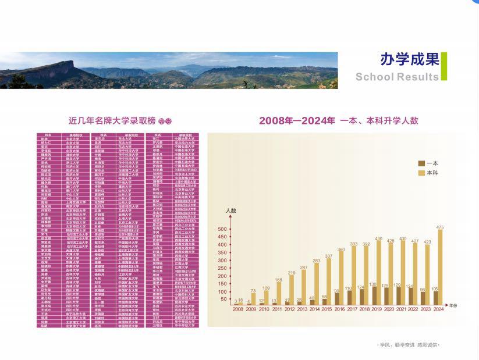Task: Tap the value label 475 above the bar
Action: (x=440, y=226)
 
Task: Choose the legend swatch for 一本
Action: (x=422, y=163)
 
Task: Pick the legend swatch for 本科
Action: (x=422, y=173)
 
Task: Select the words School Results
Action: (x=397, y=77)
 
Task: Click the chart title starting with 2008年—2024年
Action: (x=339, y=121)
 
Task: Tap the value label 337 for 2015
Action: (x=329, y=256)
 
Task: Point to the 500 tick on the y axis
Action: (x=222, y=229)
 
